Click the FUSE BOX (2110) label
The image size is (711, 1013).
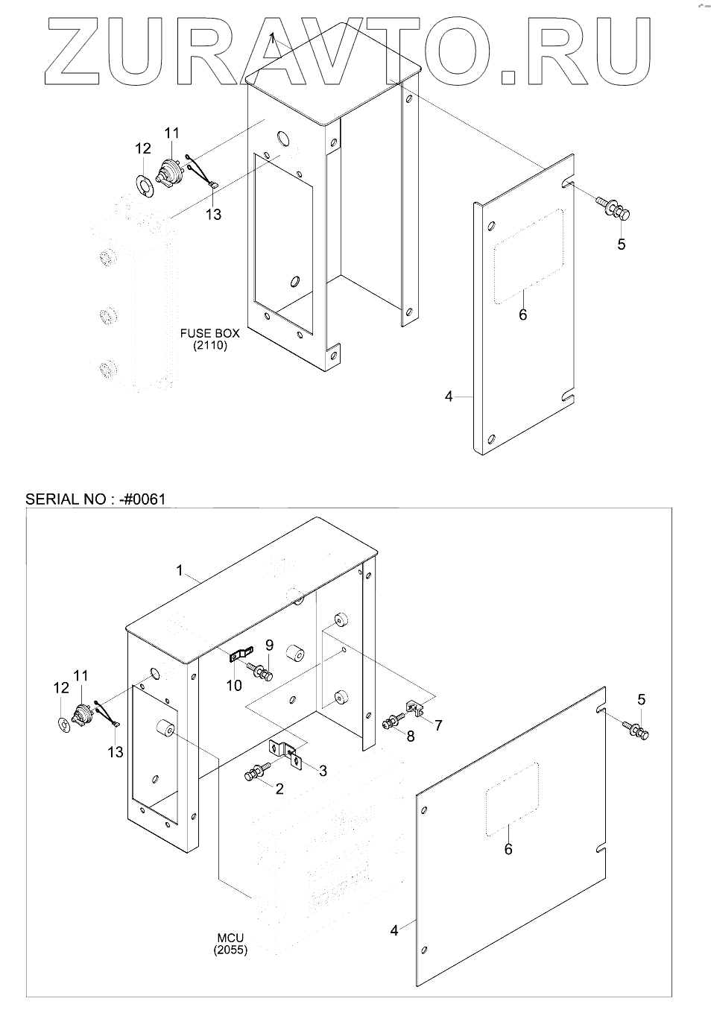point(209,339)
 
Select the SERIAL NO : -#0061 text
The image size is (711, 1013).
point(95,499)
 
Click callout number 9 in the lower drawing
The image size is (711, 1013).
point(270,645)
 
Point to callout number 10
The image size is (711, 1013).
point(234,685)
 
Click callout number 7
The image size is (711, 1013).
point(438,724)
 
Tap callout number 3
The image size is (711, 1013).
point(323,770)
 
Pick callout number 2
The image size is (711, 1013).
point(279,789)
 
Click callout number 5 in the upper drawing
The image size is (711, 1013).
point(622,244)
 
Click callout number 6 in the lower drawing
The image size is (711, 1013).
point(508,849)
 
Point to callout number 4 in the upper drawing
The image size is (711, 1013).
point(449,397)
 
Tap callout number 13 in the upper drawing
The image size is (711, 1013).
point(213,214)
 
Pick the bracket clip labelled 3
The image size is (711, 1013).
point(284,753)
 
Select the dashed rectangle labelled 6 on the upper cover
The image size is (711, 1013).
point(528,256)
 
